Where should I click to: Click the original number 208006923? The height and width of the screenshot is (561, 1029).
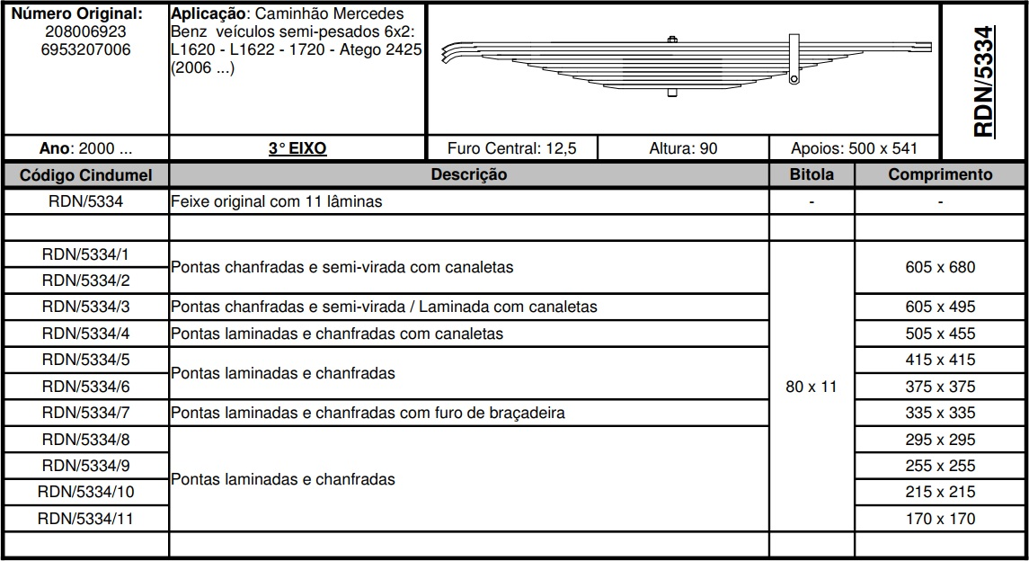(85, 32)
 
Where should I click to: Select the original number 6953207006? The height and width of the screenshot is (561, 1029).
(85, 50)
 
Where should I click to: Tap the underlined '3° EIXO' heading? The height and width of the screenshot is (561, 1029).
(297, 148)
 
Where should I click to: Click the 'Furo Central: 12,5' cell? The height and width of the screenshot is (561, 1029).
(512, 148)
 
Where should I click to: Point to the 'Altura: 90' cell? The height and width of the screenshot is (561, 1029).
(683, 148)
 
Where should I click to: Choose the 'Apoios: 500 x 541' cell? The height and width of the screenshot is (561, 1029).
(854, 148)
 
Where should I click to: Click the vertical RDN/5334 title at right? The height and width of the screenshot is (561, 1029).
(984, 81)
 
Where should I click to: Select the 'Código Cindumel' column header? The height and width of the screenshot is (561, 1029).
(86, 174)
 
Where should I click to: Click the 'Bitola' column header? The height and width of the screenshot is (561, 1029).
(812, 174)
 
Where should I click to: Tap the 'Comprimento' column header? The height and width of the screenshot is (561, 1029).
(940, 174)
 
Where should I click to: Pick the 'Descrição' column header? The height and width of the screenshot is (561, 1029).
(468, 174)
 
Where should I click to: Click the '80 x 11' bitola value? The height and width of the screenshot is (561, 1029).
(812, 387)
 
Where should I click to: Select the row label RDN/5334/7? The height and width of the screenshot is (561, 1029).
(86, 413)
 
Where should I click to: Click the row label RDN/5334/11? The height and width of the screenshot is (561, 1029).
(86, 519)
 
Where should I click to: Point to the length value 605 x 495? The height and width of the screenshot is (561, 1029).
(940, 307)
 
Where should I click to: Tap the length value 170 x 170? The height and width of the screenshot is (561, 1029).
(940, 519)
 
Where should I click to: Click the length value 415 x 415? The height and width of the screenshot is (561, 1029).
(940, 360)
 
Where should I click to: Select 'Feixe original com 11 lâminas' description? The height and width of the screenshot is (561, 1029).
(277, 201)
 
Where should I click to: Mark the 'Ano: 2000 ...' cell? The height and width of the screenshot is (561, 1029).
(86, 148)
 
